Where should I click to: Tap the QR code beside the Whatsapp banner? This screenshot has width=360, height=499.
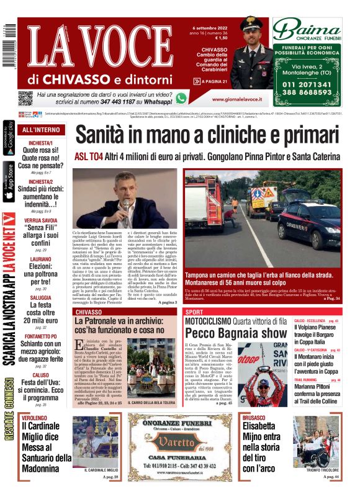pyautogui.click(x=25, y=98)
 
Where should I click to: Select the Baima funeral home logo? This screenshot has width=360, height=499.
pyautogui.click(x=308, y=29)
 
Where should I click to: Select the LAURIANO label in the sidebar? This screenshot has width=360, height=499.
pyautogui.click(x=41, y=259)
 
